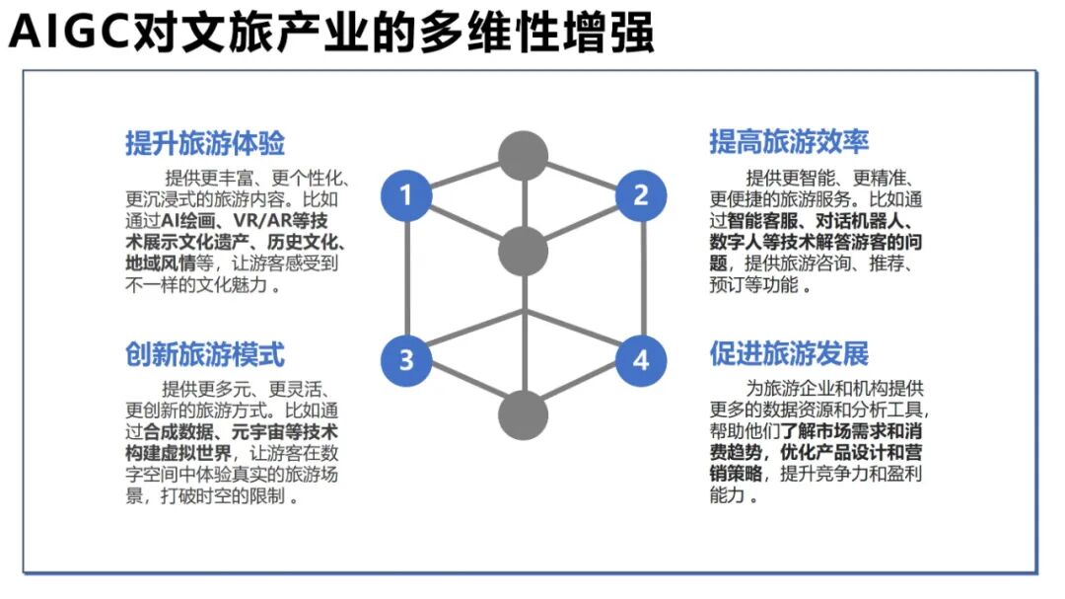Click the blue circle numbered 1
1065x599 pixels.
click(x=406, y=194)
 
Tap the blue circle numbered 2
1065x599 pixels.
click(x=641, y=194)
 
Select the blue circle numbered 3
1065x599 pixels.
click(x=406, y=359)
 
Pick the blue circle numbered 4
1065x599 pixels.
click(x=641, y=359)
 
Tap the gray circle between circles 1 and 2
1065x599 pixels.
click(x=523, y=251)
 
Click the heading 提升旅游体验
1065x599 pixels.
click(x=205, y=143)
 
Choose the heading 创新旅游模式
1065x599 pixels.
click(x=205, y=353)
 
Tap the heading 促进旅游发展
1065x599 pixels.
click(x=789, y=353)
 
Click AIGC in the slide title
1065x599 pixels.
click(x=69, y=34)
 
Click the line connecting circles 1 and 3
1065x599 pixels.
click(x=406, y=276)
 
